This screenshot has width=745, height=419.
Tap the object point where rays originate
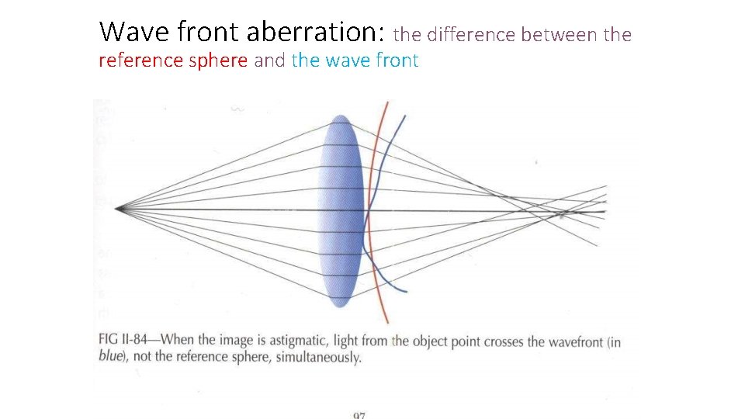click(x=118, y=208)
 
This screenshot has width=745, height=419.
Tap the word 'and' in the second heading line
click(x=269, y=61)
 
